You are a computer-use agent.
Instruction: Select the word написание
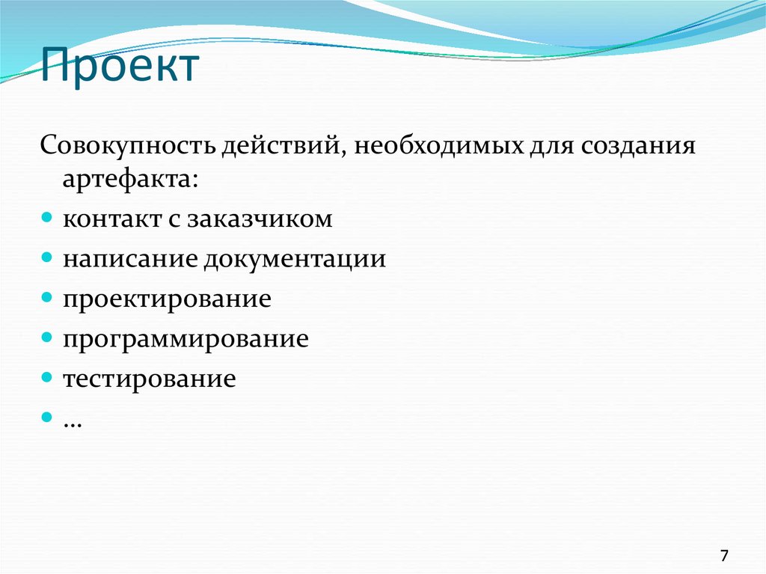130,260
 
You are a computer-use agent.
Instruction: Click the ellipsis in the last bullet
73,421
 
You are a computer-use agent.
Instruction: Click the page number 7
723,555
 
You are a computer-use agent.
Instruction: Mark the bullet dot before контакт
46,219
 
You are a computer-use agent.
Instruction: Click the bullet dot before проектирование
46,299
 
